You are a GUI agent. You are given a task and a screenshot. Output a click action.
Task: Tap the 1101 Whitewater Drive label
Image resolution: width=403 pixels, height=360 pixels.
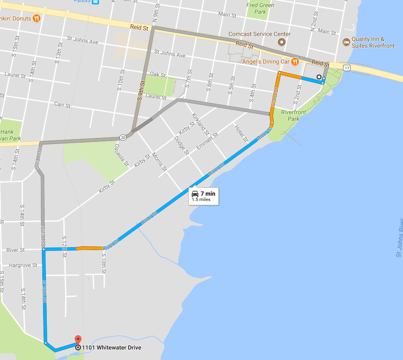coord(112,348)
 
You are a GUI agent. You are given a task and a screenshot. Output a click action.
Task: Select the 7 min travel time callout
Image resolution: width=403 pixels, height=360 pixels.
coord(203,196)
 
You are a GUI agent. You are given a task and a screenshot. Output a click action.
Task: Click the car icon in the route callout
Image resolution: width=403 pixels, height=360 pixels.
coord(195,193)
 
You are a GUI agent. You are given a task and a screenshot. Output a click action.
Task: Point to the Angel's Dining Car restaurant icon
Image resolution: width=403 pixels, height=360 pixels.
coord(295,62)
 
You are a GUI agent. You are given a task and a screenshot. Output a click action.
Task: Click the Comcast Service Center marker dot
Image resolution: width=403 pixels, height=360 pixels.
coord(282,42)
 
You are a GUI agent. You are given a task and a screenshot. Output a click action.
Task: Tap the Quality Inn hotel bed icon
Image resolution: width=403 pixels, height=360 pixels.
coord(346,42)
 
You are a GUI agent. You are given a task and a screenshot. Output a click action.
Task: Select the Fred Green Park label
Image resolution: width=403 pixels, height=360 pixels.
coord(260,8)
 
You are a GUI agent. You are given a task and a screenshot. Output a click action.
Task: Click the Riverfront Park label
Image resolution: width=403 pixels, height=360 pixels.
coord(293,115)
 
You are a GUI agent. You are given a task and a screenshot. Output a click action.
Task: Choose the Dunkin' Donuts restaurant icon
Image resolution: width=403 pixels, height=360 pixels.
coord(36,18)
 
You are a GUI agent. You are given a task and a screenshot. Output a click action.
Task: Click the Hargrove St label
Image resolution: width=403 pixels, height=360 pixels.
coord(23,265)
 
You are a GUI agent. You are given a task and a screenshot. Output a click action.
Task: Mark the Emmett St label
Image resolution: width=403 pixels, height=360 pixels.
coord(207,142)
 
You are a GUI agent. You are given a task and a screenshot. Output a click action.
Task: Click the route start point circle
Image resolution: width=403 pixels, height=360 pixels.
coord(319,77)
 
